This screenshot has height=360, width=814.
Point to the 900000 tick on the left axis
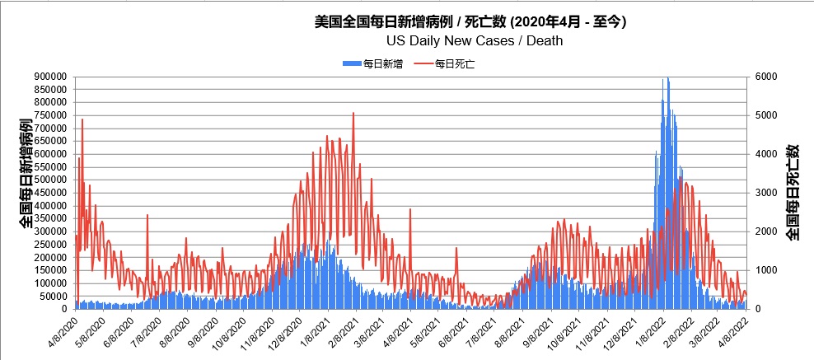[50, 77]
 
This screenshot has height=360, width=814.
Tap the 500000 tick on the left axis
[50, 180]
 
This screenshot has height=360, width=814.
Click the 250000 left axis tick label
[50, 244]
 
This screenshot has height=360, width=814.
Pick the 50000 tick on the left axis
[53, 296]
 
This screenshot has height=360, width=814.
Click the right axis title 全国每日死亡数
[793, 192]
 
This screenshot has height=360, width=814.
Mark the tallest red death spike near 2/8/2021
[353, 115]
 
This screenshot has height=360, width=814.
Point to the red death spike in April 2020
[82, 120]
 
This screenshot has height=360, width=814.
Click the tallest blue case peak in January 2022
[667, 79]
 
